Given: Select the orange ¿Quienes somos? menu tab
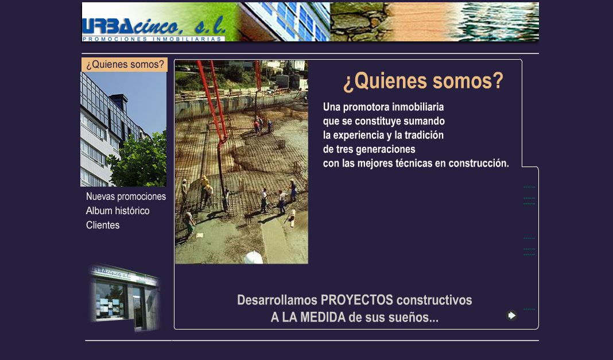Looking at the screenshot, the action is pos(125,64).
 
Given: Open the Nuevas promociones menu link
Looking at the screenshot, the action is pos(126,196).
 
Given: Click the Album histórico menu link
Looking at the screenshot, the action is pos(118,211).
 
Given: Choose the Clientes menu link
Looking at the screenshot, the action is pos(103,225).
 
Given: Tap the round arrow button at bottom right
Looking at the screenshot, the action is pos(511,315).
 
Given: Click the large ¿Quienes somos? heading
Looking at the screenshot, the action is pos(424,82).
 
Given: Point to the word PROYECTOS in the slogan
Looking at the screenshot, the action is pos(357,300).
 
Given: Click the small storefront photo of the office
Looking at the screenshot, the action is pos(125,298).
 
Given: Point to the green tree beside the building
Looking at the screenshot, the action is pos(139,161).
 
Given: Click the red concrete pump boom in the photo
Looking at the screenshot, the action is pos(213,102).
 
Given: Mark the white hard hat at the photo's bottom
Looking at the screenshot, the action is pos(254,258).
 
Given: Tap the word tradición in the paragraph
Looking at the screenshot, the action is pos(424,136).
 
